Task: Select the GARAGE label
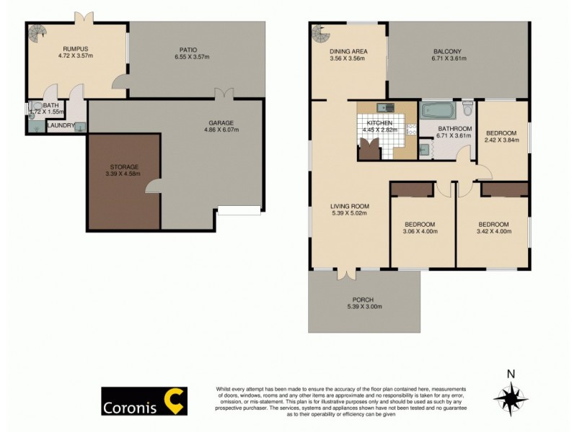[221, 123]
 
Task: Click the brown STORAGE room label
[120, 166]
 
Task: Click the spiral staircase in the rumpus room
[36, 31]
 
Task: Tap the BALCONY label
[448, 51]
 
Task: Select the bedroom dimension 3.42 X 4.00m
[493, 231]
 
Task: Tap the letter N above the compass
[511, 373]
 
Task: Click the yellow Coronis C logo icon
[175, 400]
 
